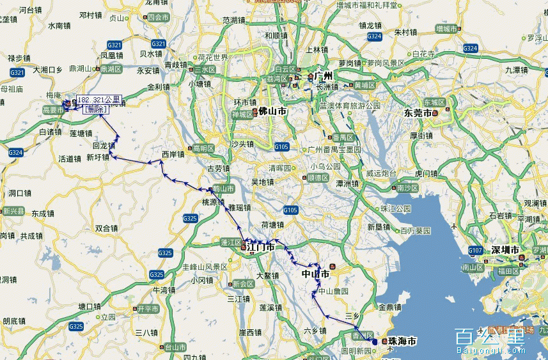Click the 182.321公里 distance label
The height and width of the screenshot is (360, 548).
click(x=98, y=100)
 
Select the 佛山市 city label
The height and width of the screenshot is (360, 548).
click(x=272, y=112)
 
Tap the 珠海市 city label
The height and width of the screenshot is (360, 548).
click(x=402, y=341)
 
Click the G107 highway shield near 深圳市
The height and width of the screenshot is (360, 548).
click(x=475, y=250)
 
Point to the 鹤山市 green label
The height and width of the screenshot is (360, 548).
click(x=223, y=189)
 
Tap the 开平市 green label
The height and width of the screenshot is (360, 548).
click(x=148, y=308)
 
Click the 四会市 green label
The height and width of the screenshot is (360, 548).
click(x=157, y=18)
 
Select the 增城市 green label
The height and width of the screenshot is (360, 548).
click(x=446, y=29)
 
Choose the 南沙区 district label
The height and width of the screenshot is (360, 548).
click(x=407, y=188)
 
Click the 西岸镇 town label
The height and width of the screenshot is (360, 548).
click(x=173, y=154)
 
